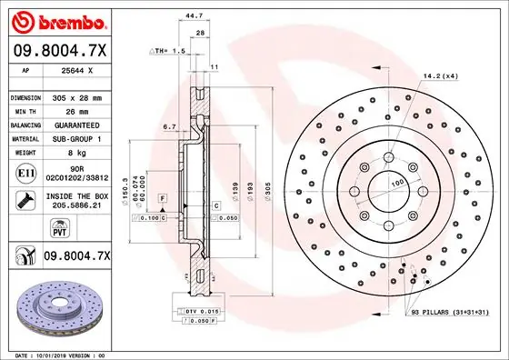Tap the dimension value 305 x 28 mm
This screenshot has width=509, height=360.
coord(77,96)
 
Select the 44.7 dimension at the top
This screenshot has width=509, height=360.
coord(192,15)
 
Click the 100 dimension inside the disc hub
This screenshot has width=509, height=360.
coord(397,185)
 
